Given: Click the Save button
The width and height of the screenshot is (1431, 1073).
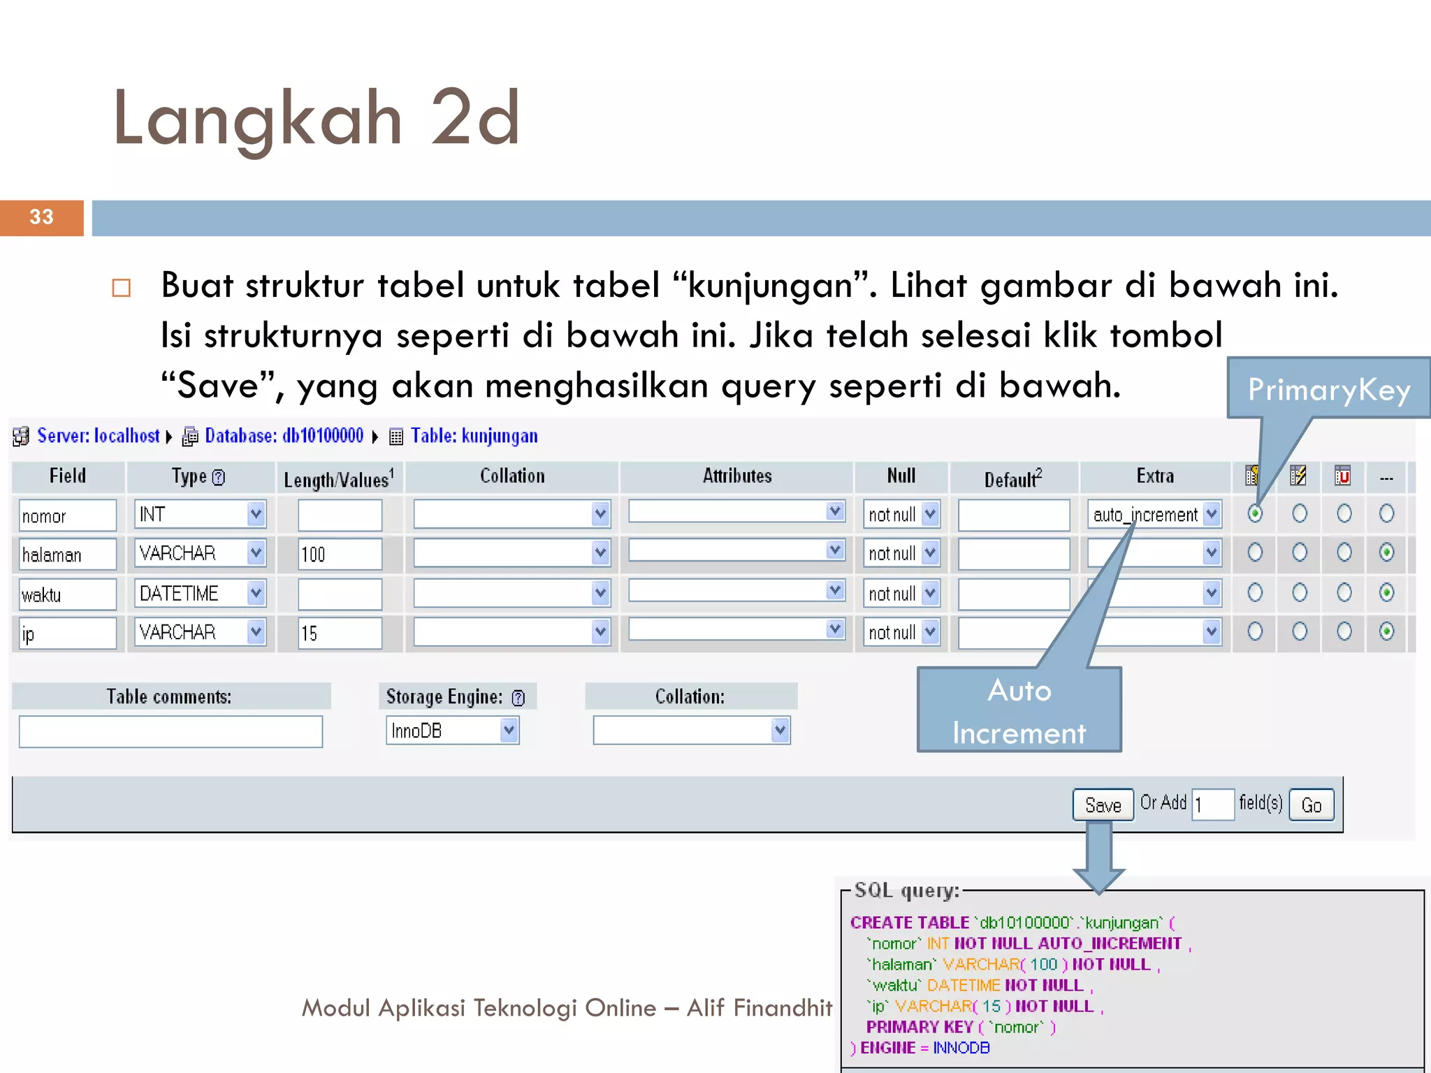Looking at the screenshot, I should click(x=1103, y=805).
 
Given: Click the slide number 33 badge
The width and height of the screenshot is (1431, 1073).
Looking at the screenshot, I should click(x=41, y=217).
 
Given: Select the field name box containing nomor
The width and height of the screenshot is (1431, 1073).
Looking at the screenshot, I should click(x=67, y=516).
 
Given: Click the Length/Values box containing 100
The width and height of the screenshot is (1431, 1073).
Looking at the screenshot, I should click(x=340, y=554).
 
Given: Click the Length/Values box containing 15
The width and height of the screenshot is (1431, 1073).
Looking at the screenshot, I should click(x=340, y=633).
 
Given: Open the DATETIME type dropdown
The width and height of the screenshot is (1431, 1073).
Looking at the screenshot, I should click(x=200, y=593).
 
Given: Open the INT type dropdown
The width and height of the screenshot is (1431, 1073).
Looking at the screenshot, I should click(x=200, y=515).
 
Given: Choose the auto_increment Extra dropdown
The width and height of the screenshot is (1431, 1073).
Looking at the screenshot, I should click(x=1154, y=515).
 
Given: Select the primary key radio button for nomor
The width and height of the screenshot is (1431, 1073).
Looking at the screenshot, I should click(x=1255, y=514).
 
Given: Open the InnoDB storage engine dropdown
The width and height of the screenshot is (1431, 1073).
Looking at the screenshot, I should click(x=452, y=731).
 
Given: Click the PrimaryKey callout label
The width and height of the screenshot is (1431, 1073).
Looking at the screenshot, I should click(x=1329, y=389).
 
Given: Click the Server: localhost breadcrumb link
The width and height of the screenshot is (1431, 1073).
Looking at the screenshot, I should click(x=98, y=436).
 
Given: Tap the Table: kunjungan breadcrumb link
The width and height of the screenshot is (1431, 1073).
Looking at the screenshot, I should click(x=474, y=436).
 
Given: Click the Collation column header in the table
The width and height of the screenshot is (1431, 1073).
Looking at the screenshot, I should click(x=511, y=476).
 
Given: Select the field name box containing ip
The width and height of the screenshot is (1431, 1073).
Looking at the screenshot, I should click(x=67, y=634).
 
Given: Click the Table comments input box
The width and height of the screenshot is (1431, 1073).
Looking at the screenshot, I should click(x=170, y=731).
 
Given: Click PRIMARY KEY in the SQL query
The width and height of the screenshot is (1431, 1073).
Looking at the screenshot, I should click(x=920, y=1027).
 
